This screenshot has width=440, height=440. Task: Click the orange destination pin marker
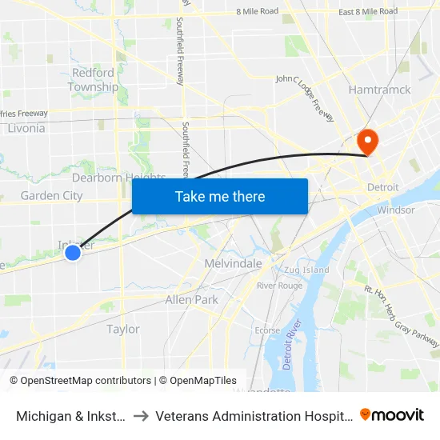368,142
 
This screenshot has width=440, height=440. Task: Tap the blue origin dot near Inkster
72,253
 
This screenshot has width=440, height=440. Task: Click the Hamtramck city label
379,90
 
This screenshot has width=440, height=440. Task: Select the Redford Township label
93,80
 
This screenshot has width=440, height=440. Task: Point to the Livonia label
26,128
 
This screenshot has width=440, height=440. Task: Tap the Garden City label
51,195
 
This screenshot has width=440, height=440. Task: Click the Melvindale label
234,263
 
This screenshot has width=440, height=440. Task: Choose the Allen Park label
191,299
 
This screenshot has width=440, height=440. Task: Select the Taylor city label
123,329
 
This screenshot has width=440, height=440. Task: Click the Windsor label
395,210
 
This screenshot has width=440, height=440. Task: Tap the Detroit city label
382,187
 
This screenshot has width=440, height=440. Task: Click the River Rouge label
279,286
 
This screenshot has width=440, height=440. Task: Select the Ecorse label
267,330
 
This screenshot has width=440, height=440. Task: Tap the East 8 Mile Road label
367,11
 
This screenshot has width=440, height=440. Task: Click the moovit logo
392,414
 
